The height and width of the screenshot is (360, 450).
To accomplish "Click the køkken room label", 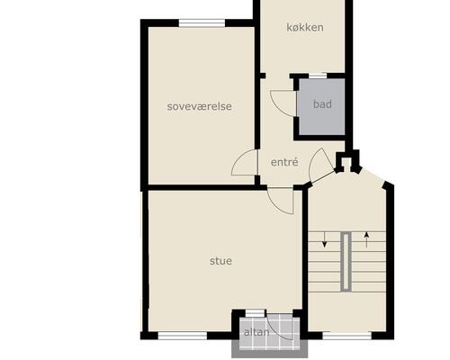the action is pyautogui.click(x=305, y=28).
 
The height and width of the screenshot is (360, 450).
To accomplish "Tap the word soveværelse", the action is pyautogui.click(x=200, y=106).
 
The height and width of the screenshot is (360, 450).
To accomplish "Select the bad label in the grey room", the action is pyautogui.click(x=322, y=104).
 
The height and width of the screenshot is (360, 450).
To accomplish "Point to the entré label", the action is pyautogui.click(x=284, y=162).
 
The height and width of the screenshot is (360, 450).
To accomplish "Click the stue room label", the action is pyautogui.click(x=220, y=261).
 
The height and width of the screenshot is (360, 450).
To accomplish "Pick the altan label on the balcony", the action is pyautogui.click(x=256, y=332).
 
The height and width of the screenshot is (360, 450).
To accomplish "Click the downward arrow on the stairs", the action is pyautogui.click(x=324, y=239).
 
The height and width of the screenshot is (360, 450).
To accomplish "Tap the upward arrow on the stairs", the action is pyautogui.click(x=366, y=239).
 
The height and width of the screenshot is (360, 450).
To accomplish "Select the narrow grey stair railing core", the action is pyautogui.click(x=346, y=261).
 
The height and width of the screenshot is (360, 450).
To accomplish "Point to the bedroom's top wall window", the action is pyautogui.click(x=202, y=23).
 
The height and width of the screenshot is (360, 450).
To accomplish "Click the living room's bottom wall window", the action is pyautogui.click(x=183, y=336).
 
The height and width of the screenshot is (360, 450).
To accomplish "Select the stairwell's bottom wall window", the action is pyautogui.click(x=347, y=336).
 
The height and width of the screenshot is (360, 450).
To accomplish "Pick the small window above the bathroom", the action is pyautogui.click(x=318, y=76).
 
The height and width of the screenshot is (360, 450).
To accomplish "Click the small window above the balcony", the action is pyautogui.click(x=255, y=313).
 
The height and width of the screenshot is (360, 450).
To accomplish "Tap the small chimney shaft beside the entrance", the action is pyautogui.click(x=347, y=161).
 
